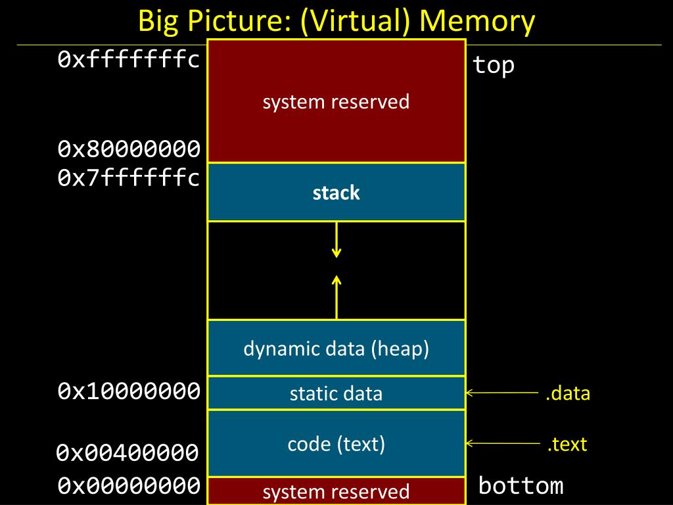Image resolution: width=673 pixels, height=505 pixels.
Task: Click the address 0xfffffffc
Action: click(129, 59)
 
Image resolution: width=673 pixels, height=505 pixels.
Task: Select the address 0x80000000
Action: click(129, 149)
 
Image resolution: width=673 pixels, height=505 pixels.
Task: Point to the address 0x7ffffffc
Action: click(129, 177)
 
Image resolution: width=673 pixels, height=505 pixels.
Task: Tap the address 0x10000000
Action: click(129, 391)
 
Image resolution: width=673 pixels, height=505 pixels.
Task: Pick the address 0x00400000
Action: click(128, 452)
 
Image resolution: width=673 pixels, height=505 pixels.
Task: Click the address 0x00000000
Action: click(129, 485)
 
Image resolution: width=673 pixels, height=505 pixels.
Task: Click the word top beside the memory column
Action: click(494, 66)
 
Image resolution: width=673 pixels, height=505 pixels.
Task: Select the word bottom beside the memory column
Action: click(521, 486)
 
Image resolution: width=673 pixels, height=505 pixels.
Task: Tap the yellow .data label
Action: click(568, 393)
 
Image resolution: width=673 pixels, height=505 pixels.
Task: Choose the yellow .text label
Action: click(567, 444)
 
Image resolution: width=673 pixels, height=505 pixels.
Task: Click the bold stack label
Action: click(336, 193)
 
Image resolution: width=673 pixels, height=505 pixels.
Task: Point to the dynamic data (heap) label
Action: click(336, 349)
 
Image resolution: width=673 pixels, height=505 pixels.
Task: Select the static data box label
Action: click(336, 393)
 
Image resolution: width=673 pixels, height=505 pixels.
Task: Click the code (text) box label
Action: click(336, 444)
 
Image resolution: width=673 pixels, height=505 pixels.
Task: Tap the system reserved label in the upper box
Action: click(336, 102)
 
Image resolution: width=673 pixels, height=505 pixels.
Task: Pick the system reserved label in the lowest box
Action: click(336, 492)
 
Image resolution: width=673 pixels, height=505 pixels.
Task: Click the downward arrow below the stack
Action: click(336, 239)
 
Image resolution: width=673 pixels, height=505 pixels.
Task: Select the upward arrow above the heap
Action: click(336, 297)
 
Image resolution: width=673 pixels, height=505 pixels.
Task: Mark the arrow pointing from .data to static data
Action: click(501, 393)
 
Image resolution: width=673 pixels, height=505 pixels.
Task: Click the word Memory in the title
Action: click(477, 20)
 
